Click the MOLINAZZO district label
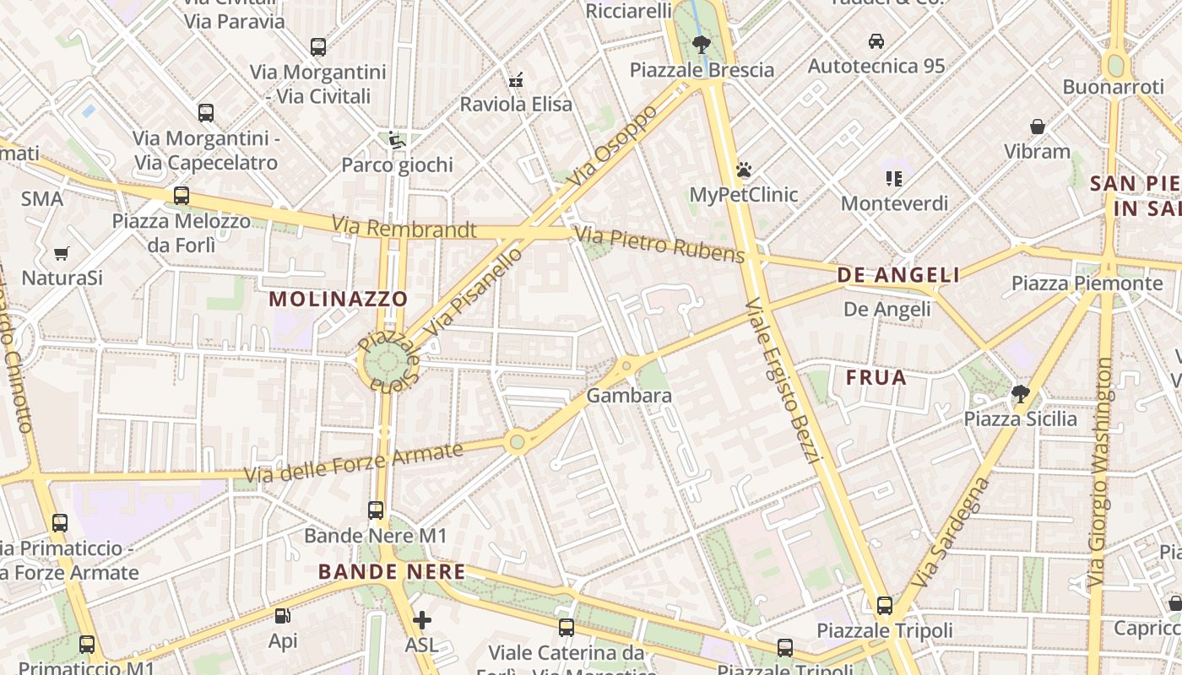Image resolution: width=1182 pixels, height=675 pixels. (x=338, y=299)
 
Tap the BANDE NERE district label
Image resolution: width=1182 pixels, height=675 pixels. (x=392, y=572)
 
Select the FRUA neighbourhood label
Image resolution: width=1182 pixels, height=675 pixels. (x=876, y=377)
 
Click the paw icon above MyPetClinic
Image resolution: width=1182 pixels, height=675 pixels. (x=744, y=170)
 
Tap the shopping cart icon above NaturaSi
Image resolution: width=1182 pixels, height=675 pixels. (x=62, y=253)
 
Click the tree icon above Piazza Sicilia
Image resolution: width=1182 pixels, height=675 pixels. (x=1020, y=393)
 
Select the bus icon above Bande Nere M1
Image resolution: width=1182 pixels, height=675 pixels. (x=376, y=510)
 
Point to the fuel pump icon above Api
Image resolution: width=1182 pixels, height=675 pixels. (x=283, y=617)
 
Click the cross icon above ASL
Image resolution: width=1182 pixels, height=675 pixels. (x=422, y=621)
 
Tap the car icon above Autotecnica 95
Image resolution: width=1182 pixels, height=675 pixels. (x=876, y=40)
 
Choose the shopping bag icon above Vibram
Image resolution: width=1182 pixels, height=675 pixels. (x=1038, y=127)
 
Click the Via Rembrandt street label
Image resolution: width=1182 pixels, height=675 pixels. (x=404, y=227)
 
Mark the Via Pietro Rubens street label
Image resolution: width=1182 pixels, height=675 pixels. (x=659, y=244)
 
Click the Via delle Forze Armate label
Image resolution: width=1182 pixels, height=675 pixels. (x=354, y=463)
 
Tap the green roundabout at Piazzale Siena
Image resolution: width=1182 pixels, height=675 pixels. (x=387, y=364)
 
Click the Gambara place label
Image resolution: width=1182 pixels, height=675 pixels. (x=629, y=396)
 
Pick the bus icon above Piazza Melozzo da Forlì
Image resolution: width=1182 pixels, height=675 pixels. (x=181, y=196)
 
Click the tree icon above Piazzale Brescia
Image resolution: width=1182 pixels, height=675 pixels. (x=700, y=45)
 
